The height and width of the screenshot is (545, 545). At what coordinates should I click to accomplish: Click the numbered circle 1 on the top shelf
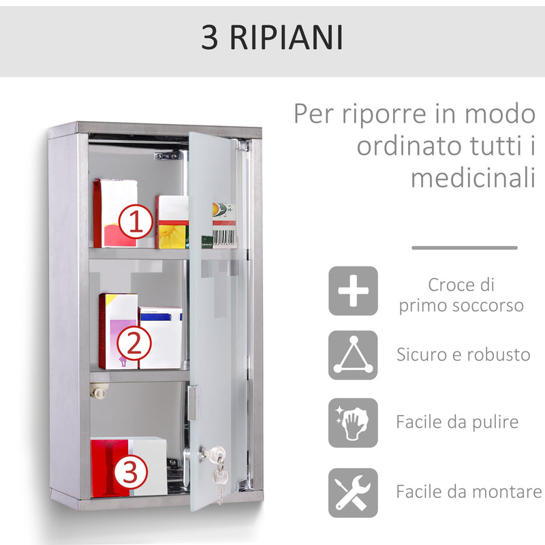pyautogui.click(x=136, y=223)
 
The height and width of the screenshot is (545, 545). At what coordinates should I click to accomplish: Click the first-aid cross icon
pyautogui.click(x=353, y=290)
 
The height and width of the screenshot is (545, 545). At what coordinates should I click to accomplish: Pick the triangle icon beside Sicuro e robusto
pyautogui.click(x=353, y=355)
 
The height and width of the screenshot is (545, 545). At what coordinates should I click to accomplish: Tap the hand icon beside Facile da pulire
pyautogui.click(x=353, y=422)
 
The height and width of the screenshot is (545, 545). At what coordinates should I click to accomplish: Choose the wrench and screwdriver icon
pyautogui.click(x=353, y=492)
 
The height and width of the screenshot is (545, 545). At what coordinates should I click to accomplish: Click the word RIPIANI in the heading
pyautogui.click(x=287, y=39)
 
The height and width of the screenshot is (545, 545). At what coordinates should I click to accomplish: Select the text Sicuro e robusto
pyautogui.click(x=463, y=354)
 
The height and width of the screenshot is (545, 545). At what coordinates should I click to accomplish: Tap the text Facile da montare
pyautogui.click(x=469, y=491)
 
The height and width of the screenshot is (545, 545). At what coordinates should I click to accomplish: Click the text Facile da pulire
pyautogui.click(x=457, y=422)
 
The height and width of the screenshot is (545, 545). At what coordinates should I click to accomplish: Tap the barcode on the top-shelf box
pyautogui.click(x=224, y=236)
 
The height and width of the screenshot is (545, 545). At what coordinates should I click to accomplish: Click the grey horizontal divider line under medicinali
pyautogui.click(x=465, y=248)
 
